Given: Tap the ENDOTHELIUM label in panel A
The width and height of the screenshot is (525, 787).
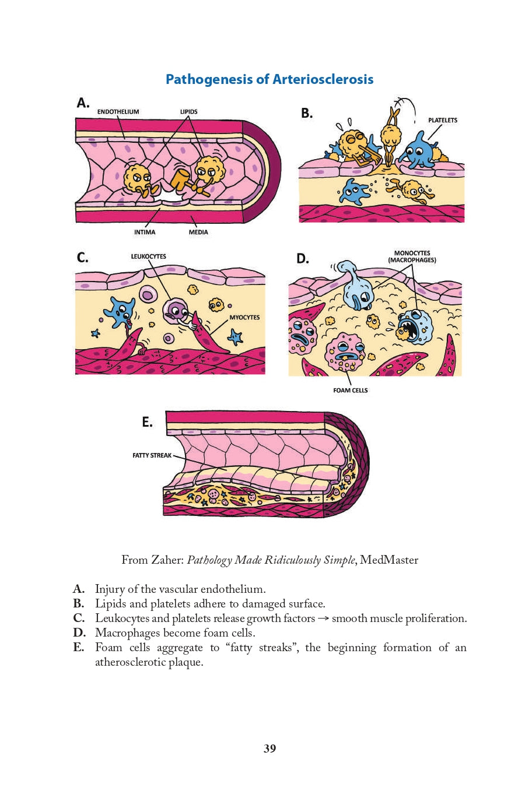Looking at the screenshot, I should pos(118,112).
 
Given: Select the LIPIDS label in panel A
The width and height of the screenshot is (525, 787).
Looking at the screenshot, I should pos(188,112).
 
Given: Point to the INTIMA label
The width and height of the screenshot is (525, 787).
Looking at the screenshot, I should pos(145,232).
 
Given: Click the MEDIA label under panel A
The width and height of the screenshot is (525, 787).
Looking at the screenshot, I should pos(198,232).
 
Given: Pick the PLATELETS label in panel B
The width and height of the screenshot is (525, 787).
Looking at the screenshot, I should pos(443,120).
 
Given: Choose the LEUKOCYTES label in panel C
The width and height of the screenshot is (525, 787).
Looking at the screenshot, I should pos(148,257).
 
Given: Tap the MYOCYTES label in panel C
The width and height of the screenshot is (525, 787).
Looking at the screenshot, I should pos(244,318).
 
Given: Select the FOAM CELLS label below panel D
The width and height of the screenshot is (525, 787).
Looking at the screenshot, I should pos(351,391).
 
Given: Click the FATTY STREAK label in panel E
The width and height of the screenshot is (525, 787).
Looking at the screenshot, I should pos(152,455).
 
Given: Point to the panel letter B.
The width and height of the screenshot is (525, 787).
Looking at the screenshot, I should pos(307,114).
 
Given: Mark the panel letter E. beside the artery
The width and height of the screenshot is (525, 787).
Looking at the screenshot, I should pos(147,422).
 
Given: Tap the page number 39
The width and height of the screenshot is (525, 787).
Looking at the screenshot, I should pos(269,749).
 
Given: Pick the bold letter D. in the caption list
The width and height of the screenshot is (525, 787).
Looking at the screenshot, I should pos(79,633).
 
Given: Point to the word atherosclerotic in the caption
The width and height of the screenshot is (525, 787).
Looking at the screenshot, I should pos(149,662).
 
